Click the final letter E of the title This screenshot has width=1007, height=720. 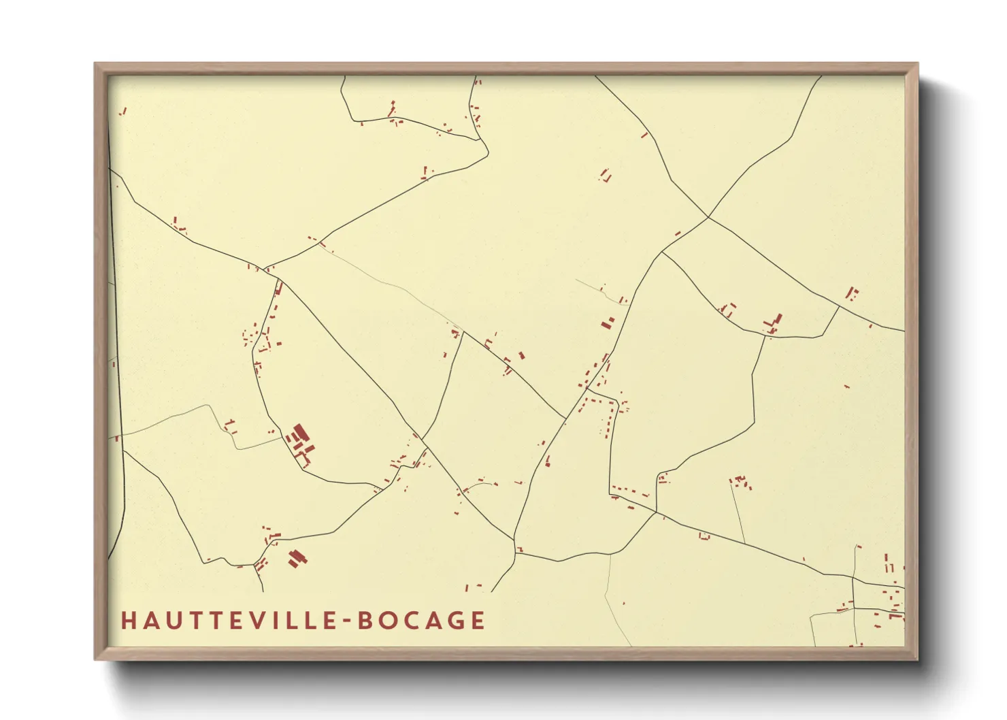pyautogui.click(x=478, y=621)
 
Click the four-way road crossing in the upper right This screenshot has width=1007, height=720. pyautogui.click(x=708, y=217)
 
